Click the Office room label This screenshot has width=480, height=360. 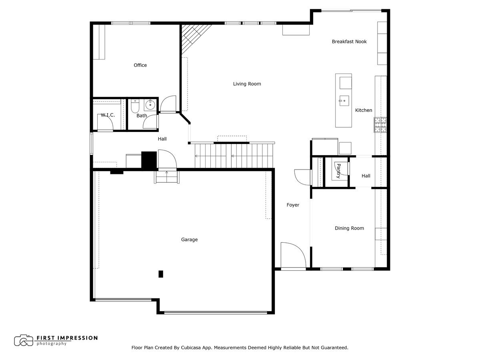(140, 65)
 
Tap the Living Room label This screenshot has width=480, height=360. (247, 84)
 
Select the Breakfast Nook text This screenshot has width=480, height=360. (349, 42)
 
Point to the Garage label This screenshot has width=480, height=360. (189, 240)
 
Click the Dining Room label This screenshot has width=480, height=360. (349, 228)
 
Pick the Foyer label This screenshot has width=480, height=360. (293, 205)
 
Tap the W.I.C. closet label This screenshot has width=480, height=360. (108, 115)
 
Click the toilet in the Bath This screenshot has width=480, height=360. (134, 106)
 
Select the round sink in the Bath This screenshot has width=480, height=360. (150, 105)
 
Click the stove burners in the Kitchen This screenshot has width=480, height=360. (380, 125)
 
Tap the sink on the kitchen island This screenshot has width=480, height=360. (344, 101)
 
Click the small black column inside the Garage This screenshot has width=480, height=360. (161, 274)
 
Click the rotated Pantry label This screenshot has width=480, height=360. (338, 171)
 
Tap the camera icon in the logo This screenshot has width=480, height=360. (24, 340)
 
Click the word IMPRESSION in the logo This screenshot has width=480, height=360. (76, 338)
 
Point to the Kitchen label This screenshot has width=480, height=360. (364, 110)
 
